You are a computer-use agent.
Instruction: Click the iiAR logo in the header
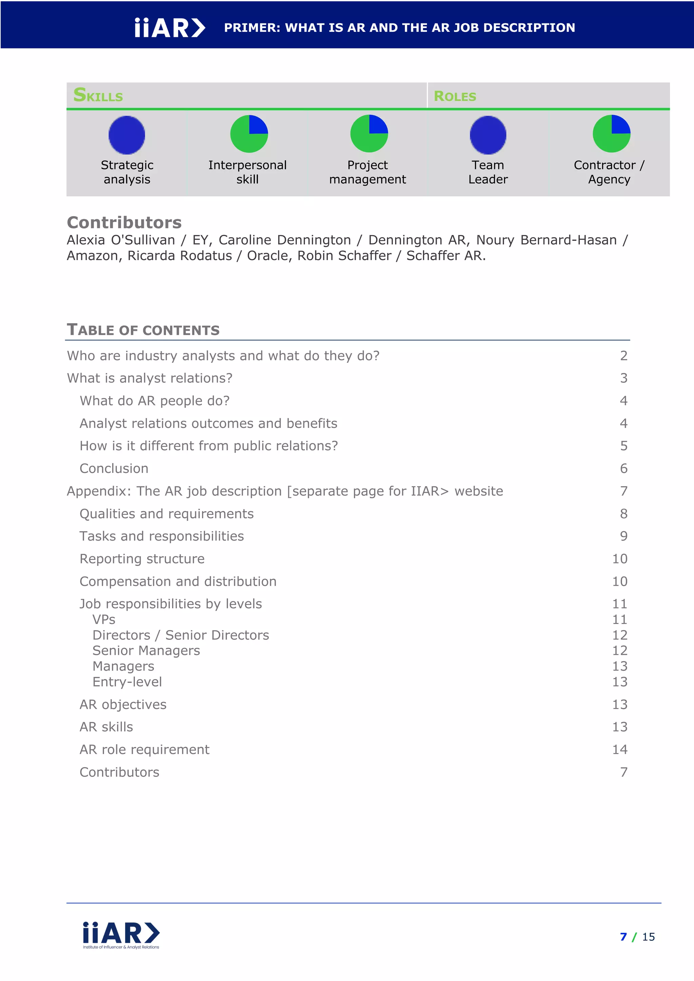click(x=170, y=28)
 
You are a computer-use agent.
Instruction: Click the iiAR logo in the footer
click(x=121, y=935)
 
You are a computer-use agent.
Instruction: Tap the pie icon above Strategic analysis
click(x=127, y=134)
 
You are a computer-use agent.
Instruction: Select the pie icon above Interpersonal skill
click(x=249, y=134)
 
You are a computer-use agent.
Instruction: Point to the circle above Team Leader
click(x=488, y=134)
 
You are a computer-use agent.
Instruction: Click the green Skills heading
click(x=98, y=95)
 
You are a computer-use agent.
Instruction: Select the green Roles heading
click(x=455, y=96)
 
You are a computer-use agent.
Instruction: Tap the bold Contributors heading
click(x=124, y=223)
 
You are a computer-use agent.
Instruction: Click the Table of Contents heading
click(x=143, y=330)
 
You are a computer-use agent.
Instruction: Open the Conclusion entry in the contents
click(x=114, y=468)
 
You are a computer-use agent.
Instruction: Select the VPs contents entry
click(x=104, y=619)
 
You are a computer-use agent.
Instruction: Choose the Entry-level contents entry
click(x=127, y=682)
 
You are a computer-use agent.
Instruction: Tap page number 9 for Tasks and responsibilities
click(x=624, y=536)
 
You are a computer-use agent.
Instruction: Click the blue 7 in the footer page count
click(x=623, y=937)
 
